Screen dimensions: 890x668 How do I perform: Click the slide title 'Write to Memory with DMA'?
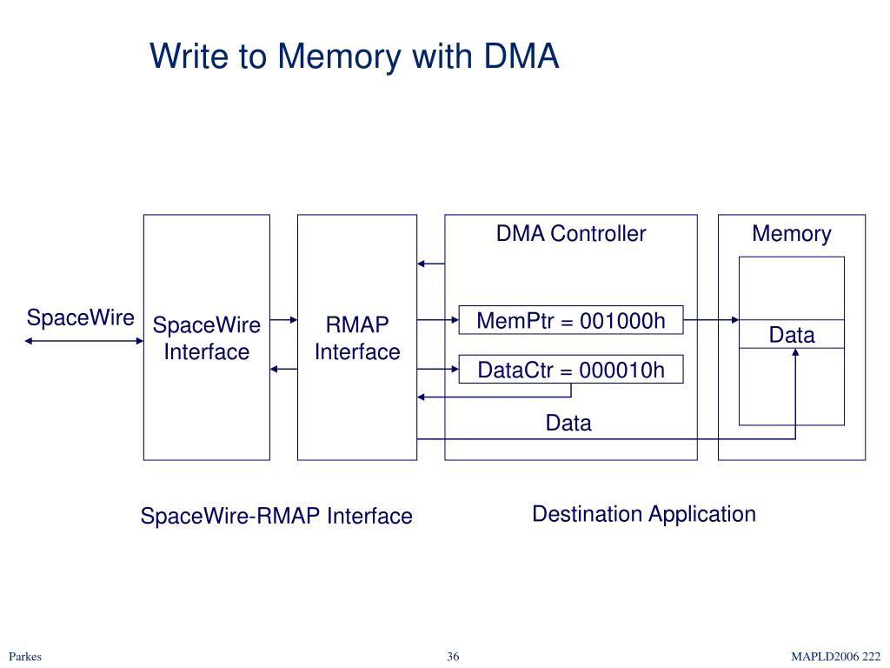click(x=355, y=57)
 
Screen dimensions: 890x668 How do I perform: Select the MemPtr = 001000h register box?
click(x=570, y=320)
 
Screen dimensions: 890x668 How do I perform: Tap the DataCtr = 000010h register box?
click(x=570, y=369)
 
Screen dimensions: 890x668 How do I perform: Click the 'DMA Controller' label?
click(x=570, y=233)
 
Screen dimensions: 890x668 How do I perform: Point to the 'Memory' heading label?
click(x=791, y=233)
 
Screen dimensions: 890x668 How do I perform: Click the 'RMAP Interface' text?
click(x=357, y=338)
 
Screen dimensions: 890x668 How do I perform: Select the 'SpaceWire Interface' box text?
click(x=207, y=338)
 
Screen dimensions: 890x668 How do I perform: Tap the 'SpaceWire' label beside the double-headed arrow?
click(x=81, y=317)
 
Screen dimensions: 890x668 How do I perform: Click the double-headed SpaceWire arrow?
click(x=84, y=341)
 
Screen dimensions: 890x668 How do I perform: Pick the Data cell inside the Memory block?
click(x=791, y=334)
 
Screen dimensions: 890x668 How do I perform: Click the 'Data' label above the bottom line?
click(x=568, y=423)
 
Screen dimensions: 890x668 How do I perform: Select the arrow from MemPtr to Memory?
click(x=711, y=320)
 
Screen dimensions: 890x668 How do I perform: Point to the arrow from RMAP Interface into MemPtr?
click(x=438, y=320)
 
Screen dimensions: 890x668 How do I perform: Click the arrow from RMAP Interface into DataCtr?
click(x=438, y=369)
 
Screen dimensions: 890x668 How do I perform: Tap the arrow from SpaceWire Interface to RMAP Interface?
click(x=283, y=320)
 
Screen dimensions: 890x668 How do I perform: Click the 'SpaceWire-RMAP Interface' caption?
click(x=276, y=516)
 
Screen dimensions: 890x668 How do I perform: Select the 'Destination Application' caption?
click(x=644, y=514)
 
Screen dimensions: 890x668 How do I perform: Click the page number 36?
click(x=453, y=656)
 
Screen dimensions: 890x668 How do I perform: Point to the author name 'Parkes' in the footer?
click(x=25, y=656)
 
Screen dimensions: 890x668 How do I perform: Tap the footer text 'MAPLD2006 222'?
click(x=835, y=656)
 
